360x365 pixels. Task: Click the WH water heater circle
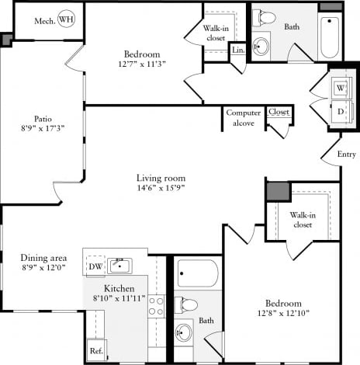[x=67, y=19]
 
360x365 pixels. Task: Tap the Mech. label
[x=44, y=19]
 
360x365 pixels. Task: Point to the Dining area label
[x=43, y=258]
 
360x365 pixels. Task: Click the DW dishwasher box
[x=95, y=266]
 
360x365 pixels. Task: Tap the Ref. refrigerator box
[x=96, y=351]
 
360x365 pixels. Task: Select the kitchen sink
[x=119, y=266]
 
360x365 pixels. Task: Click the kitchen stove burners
[x=156, y=306]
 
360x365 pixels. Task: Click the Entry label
[x=347, y=155]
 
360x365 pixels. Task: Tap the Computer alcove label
[x=243, y=117]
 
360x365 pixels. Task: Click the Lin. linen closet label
[x=237, y=50]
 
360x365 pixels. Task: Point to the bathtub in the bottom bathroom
[x=197, y=273]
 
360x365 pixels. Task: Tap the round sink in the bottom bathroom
[x=183, y=333]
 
